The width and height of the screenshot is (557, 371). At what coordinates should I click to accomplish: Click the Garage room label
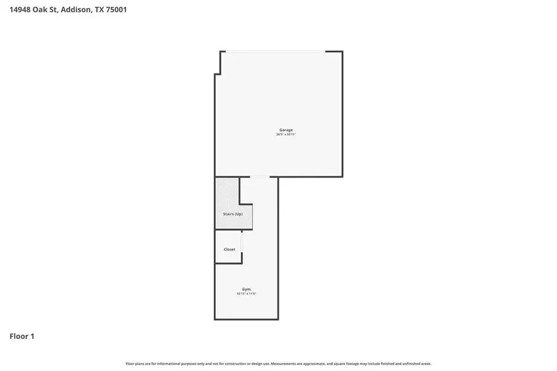pos(285,130)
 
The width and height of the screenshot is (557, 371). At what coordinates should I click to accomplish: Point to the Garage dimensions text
pos(285,135)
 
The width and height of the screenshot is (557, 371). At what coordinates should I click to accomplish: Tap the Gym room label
pos(246,289)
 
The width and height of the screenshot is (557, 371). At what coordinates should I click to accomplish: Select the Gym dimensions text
pos(246,294)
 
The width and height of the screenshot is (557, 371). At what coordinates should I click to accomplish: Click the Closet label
pos(229,249)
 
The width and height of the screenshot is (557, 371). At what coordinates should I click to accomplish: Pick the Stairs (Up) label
pos(233,214)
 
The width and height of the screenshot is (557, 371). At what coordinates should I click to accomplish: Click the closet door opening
pos(242,242)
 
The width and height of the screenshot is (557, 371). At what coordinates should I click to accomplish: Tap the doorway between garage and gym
pos(260,177)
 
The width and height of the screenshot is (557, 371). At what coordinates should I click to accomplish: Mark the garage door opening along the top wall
pos(275,51)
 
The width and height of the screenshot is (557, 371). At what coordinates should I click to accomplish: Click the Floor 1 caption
pos(22,336)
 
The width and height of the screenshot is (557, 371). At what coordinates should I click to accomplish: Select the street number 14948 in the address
pos(22,10)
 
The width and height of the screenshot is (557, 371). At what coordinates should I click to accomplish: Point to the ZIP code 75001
pos(116,10)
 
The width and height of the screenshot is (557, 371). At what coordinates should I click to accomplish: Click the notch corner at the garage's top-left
pos(221,74)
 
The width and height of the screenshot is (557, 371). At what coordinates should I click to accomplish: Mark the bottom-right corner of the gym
pos(278,319)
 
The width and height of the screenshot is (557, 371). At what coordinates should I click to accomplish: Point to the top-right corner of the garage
pos(342,51)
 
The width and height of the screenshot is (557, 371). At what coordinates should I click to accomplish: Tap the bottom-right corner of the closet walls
pos(242,263)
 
